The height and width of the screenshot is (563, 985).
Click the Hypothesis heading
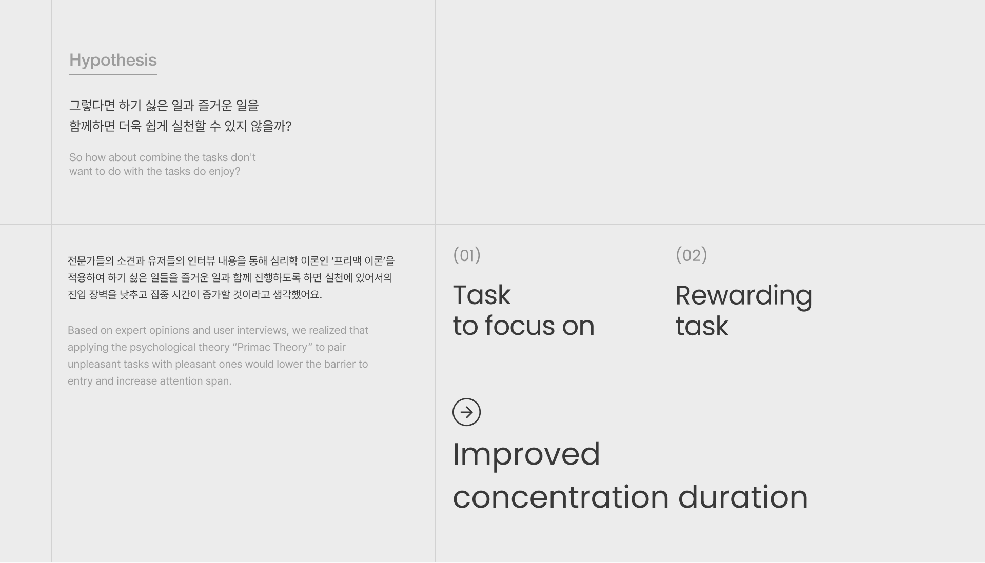coord(113,61)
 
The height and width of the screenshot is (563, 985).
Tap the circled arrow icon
coord(466,412)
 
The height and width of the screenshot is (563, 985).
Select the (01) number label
coord(466,255)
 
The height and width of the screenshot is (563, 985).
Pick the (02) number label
coord(691,255)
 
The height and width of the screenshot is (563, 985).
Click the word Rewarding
coord(743,296)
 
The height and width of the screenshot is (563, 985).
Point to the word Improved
coord(526,454)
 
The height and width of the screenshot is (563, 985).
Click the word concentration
coord(560,497)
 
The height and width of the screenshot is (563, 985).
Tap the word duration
coord(743,497)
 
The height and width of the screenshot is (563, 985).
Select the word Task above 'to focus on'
coord(481,295)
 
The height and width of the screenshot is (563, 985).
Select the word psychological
coord(162,348)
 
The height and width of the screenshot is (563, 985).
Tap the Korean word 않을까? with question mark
coord(271,126)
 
